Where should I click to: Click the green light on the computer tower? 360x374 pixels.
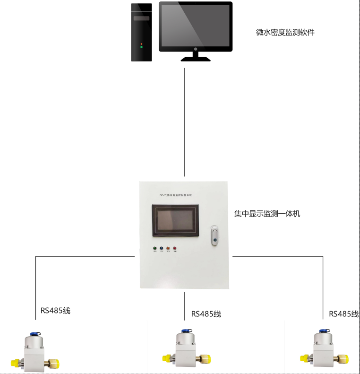(141, 47)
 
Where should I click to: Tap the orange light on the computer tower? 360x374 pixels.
(141, 43)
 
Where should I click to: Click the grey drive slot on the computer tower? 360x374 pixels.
(142, 19)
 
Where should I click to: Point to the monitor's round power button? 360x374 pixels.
(196, 49)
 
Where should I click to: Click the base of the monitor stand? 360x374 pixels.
(196, 59)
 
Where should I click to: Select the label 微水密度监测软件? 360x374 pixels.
(285, 33)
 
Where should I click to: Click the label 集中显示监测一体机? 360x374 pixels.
(267, 214)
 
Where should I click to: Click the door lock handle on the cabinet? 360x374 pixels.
(214, 235)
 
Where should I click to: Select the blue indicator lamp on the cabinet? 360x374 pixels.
(162, 248)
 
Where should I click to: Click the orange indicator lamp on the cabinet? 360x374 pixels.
(168, 248)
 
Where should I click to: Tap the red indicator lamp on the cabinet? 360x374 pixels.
(175, 248)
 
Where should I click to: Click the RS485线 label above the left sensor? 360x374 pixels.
(55, 311)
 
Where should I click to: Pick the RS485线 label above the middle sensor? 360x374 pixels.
(206, 314)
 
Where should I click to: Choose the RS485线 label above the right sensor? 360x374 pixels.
(344, 314)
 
